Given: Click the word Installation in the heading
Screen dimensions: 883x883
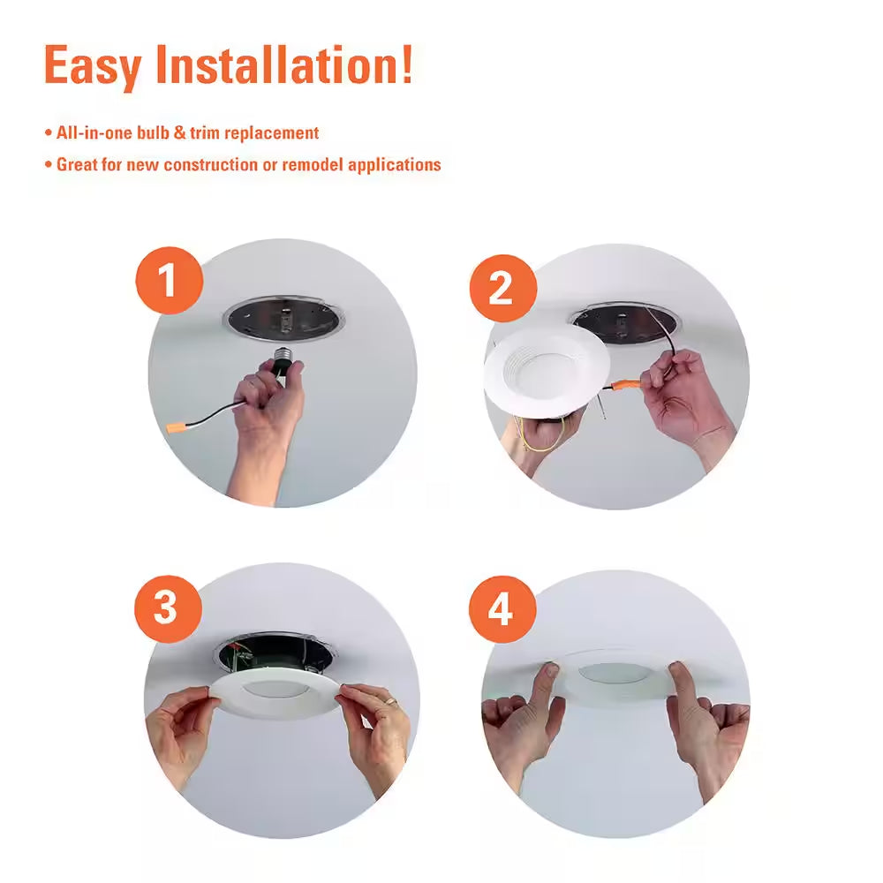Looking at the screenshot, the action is pyautogui.click(x=281, y=65).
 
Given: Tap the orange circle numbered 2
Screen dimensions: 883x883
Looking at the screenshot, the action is pyautogui.click(x=501, y=287).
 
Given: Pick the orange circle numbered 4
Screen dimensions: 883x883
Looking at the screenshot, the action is pyautogui.click(x=502, y=609).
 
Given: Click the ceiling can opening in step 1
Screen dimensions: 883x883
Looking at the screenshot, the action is pyautogui.click(x=283, y=320).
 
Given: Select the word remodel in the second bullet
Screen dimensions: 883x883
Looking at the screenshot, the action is pyautogui.click(x=313, y=164).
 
